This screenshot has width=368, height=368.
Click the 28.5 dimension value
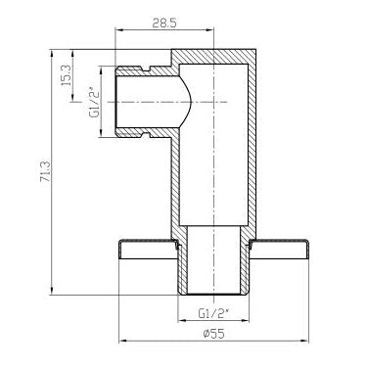coord(164,23)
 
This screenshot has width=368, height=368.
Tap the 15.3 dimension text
coord(66,75)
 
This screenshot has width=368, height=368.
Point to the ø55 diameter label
coord(213,334)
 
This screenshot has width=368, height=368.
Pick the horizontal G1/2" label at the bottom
coord(213,314)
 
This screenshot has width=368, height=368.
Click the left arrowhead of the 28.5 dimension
coord(118,30)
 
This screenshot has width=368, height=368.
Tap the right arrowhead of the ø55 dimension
coord(304,341)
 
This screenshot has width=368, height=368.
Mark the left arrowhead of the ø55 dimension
coord(123,341)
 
